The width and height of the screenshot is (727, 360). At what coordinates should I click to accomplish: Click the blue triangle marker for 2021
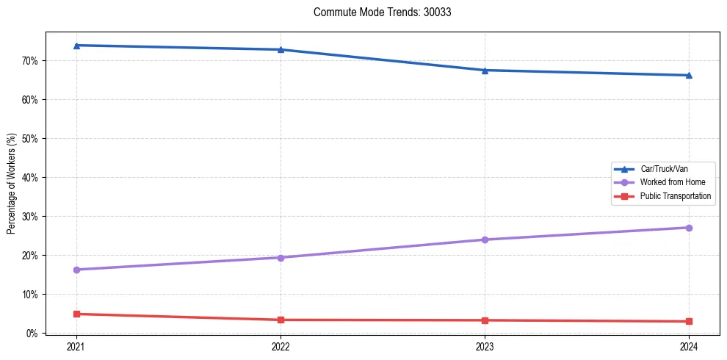tap(76, 46)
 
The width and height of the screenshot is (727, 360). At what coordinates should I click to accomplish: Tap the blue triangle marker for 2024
tap(689, 75)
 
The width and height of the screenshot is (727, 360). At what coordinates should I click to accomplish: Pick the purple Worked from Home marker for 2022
tap(281, 258)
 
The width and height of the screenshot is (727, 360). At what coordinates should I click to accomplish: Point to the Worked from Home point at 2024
tap(689, 228)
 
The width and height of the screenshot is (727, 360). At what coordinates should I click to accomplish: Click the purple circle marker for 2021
tap(76, 270)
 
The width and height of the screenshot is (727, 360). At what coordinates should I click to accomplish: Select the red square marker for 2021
tap(76, 314)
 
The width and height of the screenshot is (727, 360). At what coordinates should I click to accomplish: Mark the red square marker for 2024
tap(689, 321)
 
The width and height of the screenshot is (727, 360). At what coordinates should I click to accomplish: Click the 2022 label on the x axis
tap(281, 347)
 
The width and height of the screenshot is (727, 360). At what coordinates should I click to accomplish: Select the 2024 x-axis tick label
tap(689, 347)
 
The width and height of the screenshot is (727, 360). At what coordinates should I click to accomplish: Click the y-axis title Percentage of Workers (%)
tap(12, 184)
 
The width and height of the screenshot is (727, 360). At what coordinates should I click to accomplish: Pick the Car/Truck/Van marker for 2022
tap(281, 50)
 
